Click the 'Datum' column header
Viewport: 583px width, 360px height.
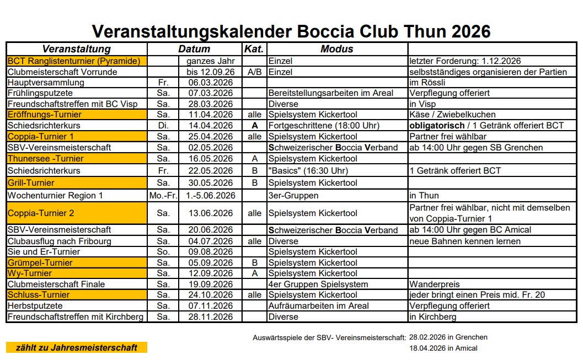194,49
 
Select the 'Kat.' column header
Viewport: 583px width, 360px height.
254,49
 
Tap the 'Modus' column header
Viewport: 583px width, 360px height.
336,49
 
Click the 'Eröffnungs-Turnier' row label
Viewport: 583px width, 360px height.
45,115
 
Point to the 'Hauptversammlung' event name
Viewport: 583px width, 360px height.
46,83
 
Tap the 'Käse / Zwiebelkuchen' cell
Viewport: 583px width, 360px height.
452,115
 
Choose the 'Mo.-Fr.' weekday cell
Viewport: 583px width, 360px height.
163,196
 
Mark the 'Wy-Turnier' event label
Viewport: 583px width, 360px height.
30,273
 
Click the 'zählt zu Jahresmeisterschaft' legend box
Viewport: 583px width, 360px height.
76,347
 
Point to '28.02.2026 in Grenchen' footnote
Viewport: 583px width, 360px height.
448,337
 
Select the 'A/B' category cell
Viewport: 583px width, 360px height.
254,72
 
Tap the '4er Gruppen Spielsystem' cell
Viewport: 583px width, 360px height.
318,284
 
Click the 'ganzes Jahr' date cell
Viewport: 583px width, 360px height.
210,61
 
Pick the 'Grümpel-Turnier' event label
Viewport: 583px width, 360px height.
40,263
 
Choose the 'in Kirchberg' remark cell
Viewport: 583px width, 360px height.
432,317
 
